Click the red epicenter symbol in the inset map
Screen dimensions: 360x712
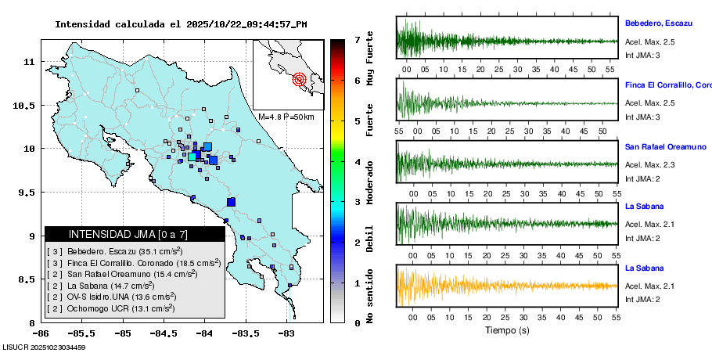[x=299, y=79]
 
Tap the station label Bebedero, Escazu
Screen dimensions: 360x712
[x=658, y=23]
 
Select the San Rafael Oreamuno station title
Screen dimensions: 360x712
[x=665, y=146]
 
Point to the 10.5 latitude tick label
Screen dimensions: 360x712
[x=29, y=105]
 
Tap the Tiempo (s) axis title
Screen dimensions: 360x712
[x=507, y=329]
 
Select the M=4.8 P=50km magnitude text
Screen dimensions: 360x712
[x=286, y=117]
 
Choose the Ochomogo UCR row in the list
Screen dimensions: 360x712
[x=110, y=308]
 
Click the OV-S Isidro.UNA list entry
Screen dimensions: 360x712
[x=110, y=297]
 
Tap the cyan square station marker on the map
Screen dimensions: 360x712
[x=192, y=157]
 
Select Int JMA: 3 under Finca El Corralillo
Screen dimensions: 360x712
[x=643, y=117]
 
